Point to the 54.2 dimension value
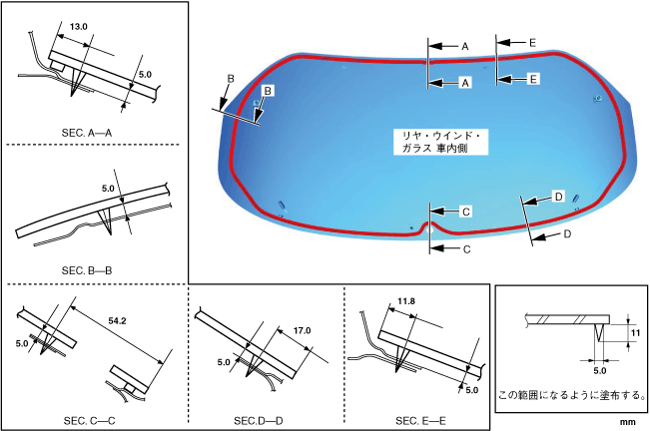click(x=118, y=321)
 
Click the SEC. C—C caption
click(x=90, y=420)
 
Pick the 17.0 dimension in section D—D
click(x=304, y=330)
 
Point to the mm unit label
click(x=627, y=423)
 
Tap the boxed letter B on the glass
click(x=267, y=91)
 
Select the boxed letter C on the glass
click(x=465, y=213)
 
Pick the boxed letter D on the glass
click(x=558, y=196)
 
